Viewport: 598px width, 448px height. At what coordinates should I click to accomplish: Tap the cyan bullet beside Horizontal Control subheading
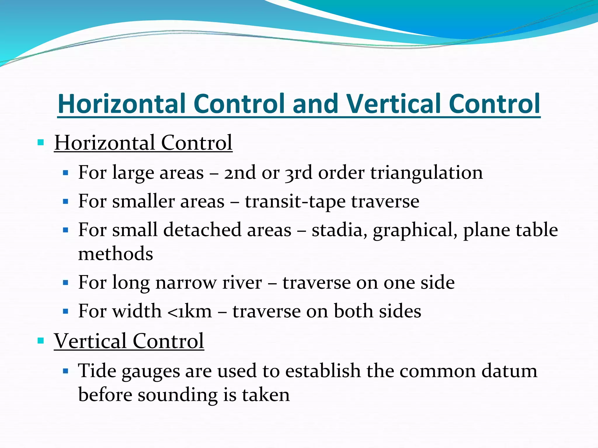coord(41,143)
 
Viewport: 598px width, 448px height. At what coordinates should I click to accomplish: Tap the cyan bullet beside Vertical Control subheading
coord(41,340)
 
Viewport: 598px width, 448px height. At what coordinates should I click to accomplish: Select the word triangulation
coord(427,173)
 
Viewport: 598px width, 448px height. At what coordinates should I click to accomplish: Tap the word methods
coord(116,253)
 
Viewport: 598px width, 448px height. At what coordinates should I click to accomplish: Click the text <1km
coord(190,311)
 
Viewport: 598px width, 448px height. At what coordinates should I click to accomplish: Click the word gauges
coord(151,372)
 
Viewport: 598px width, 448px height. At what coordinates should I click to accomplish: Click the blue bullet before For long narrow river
coord(65,283)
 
